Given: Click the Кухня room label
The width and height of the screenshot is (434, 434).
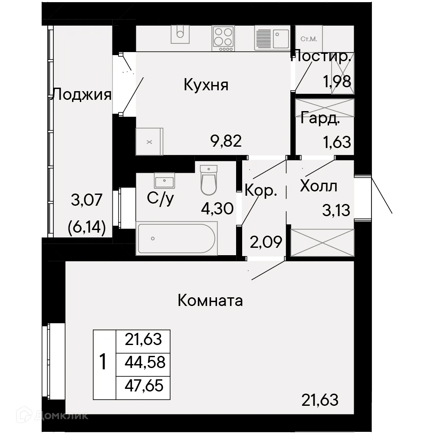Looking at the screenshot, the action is click(206, 85).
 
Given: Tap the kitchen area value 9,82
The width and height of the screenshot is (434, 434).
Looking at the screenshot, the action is click(226, 141).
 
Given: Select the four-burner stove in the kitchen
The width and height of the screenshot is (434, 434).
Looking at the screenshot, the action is click(223, 38).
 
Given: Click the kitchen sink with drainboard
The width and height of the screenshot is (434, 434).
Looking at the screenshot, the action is click(272, 38).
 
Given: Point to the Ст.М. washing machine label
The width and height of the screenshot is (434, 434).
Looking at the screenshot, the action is click(309, 39).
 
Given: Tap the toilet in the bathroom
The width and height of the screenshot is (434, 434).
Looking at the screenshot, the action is click(208, 180).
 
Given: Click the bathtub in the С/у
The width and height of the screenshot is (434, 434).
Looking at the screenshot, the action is click(177, 238).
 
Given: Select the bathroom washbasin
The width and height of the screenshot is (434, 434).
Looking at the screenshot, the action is click(164, 181).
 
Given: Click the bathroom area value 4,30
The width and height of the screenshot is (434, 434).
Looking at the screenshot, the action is click(217, 208).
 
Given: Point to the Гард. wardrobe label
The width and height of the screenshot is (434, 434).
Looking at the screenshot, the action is click(320, 118).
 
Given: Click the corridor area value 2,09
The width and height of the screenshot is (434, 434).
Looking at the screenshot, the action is click(266, 242).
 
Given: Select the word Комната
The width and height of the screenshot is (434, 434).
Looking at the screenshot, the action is click(210, 300).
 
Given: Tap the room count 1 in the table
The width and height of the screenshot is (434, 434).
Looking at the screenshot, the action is click(103, 362).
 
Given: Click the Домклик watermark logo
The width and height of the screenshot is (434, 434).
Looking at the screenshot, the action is click(53, 415).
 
